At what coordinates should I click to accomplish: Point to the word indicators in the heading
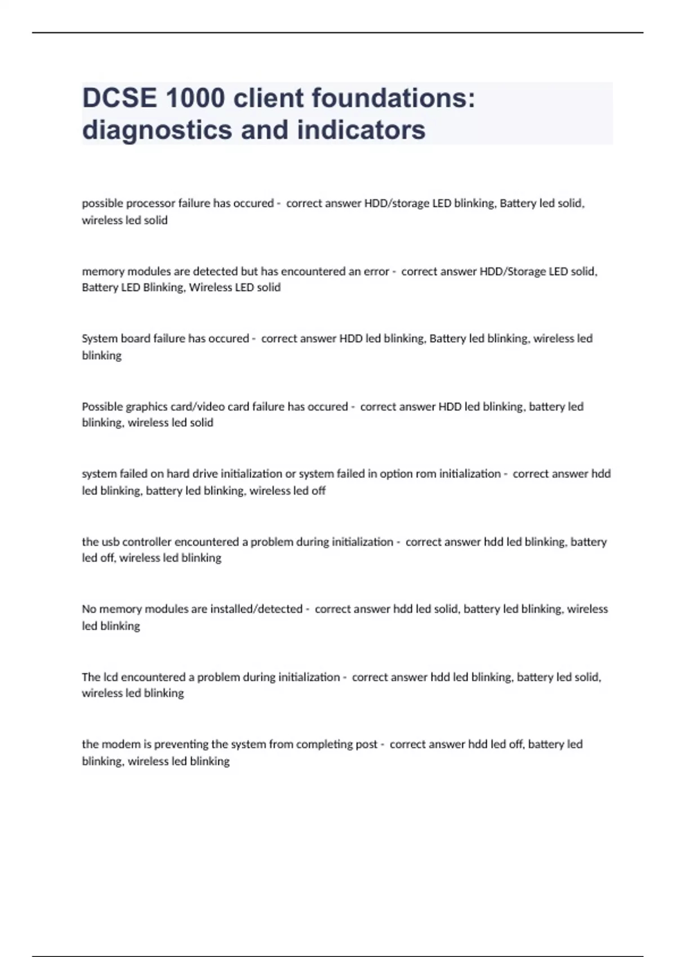click(x=361, y=130)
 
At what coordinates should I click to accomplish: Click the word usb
click(x=110, y=542)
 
